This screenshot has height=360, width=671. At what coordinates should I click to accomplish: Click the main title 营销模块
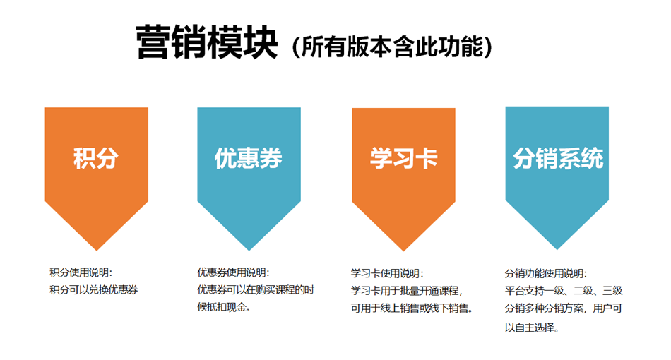[206, 43]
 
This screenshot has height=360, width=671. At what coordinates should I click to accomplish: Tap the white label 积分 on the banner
[96, 158]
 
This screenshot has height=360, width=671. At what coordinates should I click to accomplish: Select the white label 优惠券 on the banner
[248, 158]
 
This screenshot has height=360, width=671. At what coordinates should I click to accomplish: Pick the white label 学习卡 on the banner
[403, 158]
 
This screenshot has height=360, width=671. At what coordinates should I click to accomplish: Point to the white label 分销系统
[557, 158]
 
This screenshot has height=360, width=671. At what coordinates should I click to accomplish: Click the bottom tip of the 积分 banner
[97, 248]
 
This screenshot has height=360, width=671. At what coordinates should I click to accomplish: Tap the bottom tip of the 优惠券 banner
[249, 248]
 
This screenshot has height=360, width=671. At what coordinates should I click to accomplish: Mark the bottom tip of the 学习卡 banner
[403, 248]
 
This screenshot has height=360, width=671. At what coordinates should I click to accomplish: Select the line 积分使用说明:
[81, 272]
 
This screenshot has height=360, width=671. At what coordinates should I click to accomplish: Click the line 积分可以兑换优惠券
[93, 289]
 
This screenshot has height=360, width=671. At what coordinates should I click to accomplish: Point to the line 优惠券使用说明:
[233, 272]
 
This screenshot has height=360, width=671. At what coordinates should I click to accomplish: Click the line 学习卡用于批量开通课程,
[407, 290]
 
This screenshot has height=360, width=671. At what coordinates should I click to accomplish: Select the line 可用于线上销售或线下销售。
[412, 308]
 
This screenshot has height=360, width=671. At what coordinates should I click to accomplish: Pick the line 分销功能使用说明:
[546, 272]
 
